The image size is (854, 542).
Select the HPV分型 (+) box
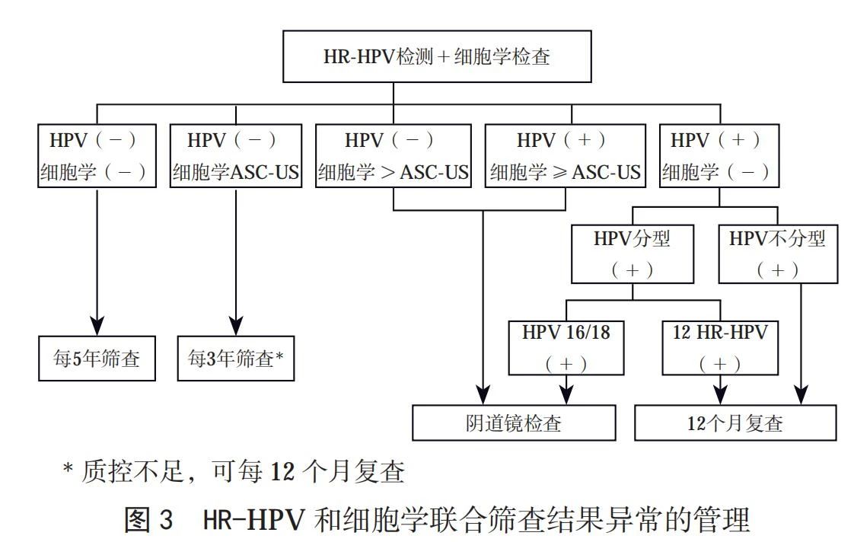click(633, 253)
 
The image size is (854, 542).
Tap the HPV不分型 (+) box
click(777, 253)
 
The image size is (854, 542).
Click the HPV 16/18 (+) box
click(566, 348)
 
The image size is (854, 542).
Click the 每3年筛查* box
click(236, 359)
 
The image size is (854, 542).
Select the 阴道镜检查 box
click(514, 422)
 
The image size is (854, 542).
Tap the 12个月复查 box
click(735, 422)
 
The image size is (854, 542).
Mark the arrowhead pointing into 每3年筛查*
click(236, 324)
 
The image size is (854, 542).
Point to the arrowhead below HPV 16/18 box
click(566, 394)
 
